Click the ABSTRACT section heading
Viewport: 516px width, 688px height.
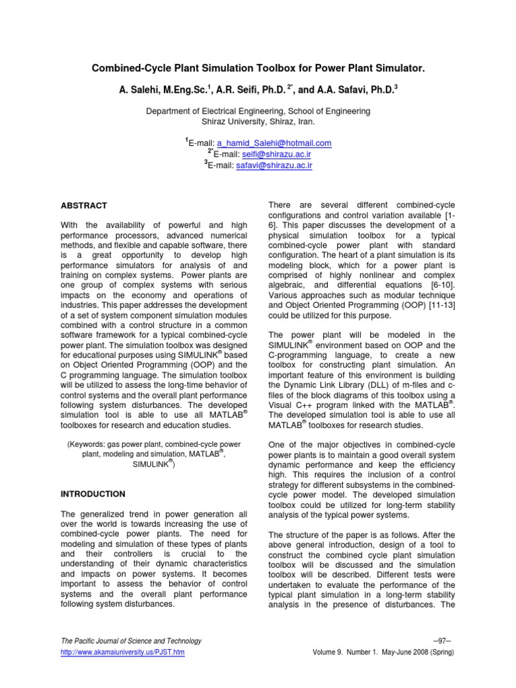(x=84, y=205)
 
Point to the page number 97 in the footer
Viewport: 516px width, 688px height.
(x=444, y=641)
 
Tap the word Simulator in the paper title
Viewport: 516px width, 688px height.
(x=398, y=69)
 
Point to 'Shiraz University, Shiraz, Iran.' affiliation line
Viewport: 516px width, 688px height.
(x=258, y=122)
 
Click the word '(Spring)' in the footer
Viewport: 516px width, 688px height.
(x=439, y=652)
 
